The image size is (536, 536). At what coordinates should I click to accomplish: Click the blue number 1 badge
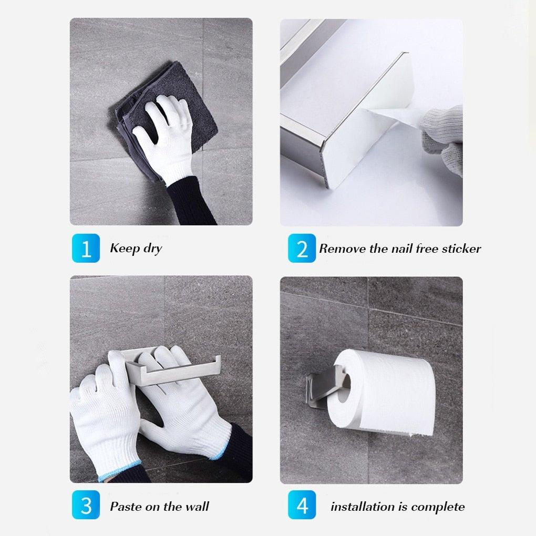(85, 248)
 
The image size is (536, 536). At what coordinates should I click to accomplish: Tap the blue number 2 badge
(302, 248)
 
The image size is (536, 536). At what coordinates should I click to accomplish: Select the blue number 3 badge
(85, 506)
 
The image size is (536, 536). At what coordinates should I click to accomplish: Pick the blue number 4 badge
(302, 506)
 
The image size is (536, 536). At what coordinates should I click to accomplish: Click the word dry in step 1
(150, 248)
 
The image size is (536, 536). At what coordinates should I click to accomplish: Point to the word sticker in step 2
(457, 249)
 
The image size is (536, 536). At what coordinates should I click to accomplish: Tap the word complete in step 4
(438, 507)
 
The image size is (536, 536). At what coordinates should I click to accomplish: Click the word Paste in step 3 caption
(125, 507)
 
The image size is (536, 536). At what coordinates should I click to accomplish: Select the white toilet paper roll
(389, 391)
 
